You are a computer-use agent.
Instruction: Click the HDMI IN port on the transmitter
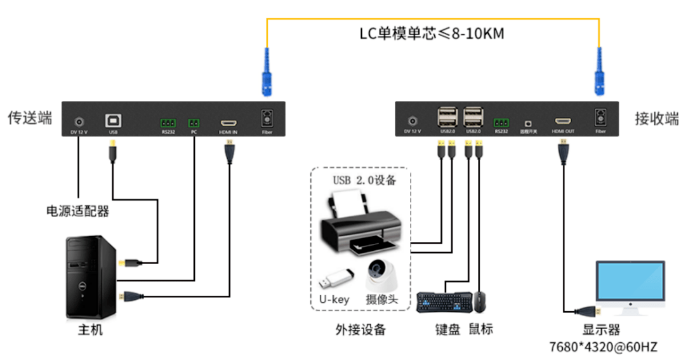click(228, 121)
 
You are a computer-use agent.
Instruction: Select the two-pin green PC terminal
click(194, 122)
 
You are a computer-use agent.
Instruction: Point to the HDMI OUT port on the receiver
click(562, 121)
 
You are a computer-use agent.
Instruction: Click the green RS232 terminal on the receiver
click(501, 121)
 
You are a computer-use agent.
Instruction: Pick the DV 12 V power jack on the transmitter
click(79, 121)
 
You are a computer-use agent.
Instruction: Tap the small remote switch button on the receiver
click(528, 121)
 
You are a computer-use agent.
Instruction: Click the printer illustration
click(360, 225)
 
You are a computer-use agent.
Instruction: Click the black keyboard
click(444, 302)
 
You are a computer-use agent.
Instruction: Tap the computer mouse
click(480, 302)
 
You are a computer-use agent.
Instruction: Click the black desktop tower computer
click(93, 277)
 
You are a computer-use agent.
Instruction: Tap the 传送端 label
click(30, 117)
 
